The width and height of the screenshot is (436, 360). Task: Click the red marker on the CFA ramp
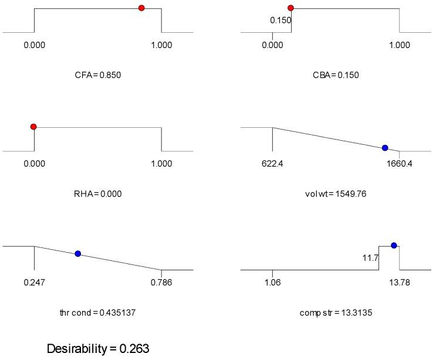tap(141, 8)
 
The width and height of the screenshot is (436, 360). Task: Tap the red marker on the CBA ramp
tap(290, 8)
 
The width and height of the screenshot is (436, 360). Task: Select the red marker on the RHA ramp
tap(33, 127)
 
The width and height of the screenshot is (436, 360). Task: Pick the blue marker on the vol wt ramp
tap(385, 148)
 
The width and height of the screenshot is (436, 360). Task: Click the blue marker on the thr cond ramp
tap(77, 253)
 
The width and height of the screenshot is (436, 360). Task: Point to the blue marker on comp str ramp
tap(394, 245)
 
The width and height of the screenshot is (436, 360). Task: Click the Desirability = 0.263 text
tap(99, 349)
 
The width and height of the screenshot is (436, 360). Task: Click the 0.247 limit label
tap(34, 283)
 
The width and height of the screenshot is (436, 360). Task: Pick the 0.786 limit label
tap(161, 283)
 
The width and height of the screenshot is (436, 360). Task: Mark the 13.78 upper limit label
tap(400, 283)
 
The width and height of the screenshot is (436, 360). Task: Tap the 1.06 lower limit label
tap(273, 283)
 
